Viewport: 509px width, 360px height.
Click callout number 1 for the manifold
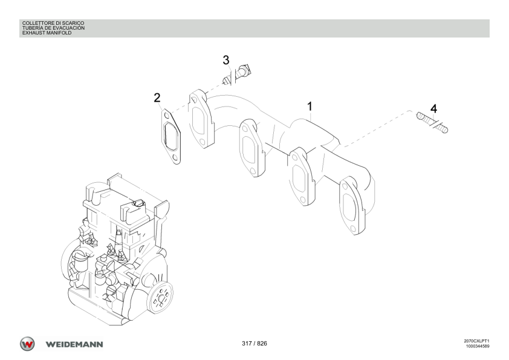(x=310, y=106)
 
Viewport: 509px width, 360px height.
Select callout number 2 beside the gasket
(x=157, y=97)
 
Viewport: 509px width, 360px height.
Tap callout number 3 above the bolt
(x=226, y=60)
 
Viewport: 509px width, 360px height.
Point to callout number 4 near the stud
(x=433, y=109)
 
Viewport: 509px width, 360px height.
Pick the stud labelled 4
(x=432, y=122)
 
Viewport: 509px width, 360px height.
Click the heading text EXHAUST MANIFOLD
(x=47, y=33)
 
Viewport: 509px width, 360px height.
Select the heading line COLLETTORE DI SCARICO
(x=53, y=23)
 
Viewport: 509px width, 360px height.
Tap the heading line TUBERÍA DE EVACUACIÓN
(x=53, y=28)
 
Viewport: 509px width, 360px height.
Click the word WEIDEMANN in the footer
(x=74, y=344)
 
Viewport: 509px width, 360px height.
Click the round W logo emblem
(x=27, y=344)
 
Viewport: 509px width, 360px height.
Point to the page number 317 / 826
(x=254, y=344)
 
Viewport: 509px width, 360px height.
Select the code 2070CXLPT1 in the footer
(x=476, y=341)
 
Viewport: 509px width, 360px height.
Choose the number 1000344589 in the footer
(x=478, y=346)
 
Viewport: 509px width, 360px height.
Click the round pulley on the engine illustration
(x=160, y=297)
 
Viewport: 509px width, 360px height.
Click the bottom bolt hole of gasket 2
(x=176, y=157)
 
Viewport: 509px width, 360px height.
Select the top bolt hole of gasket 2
(x=166, y=116)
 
